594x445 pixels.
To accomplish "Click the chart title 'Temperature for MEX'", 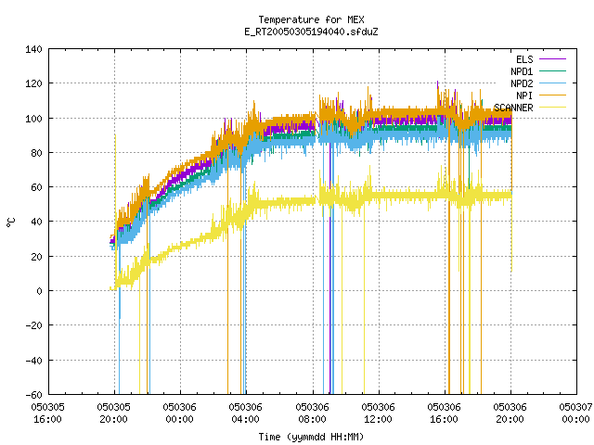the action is [x=311, y=19].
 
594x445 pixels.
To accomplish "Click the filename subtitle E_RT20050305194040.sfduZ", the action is [x=311, y=32].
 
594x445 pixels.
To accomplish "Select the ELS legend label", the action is [x=524, y=59].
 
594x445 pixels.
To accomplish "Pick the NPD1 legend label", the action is [x=522, y=71].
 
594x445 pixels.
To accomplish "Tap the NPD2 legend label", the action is [x=522, y=83].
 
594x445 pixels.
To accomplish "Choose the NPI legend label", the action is [x=524, y=95].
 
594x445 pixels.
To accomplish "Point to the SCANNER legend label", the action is [x=513, y=108].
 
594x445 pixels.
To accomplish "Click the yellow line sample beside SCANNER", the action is [x=552, y=108].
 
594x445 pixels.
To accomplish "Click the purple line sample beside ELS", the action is [x=552, y=59].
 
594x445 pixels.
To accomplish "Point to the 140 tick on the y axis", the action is [x=33, y=49].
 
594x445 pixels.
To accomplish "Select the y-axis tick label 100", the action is [x=33, y=119].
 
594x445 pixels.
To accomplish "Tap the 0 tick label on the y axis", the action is [x=39, y=291].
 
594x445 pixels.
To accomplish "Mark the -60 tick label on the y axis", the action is [x=33, y=395].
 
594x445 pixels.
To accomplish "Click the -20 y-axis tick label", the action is [x=33, y=325].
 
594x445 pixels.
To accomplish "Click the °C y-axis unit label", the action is [x=11, y=222].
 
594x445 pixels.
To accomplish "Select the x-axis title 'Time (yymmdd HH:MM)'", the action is [x=311, y=437].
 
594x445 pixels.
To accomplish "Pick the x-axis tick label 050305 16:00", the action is [x=47, y=413].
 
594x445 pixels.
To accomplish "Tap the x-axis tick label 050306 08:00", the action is [x=312, y=413].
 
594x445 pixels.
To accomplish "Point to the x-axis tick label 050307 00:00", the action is [x=576, y=413].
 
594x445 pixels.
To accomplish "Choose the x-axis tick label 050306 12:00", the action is [x=378, y=413].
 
